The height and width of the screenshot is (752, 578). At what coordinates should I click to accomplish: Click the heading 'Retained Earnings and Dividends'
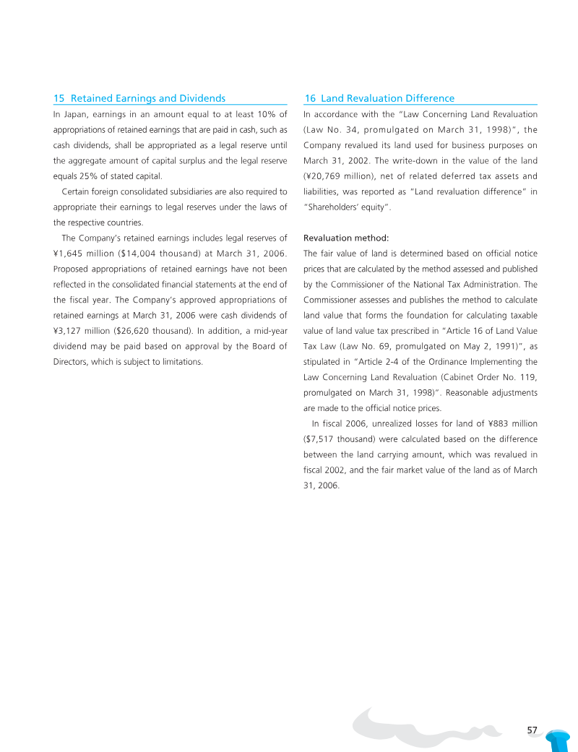pos(148,98)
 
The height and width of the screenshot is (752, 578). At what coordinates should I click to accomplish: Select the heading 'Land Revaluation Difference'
pos(387,98)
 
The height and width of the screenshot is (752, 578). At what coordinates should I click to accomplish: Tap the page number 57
pos(532,730)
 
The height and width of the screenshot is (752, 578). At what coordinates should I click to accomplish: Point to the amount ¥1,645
pos(70,253)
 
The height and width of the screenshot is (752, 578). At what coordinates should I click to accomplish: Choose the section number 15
pos(59,98)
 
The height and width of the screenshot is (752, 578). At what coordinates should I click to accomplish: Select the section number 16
pos(310,98)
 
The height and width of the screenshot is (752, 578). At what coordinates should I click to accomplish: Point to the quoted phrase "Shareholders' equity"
pos(348,207)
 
